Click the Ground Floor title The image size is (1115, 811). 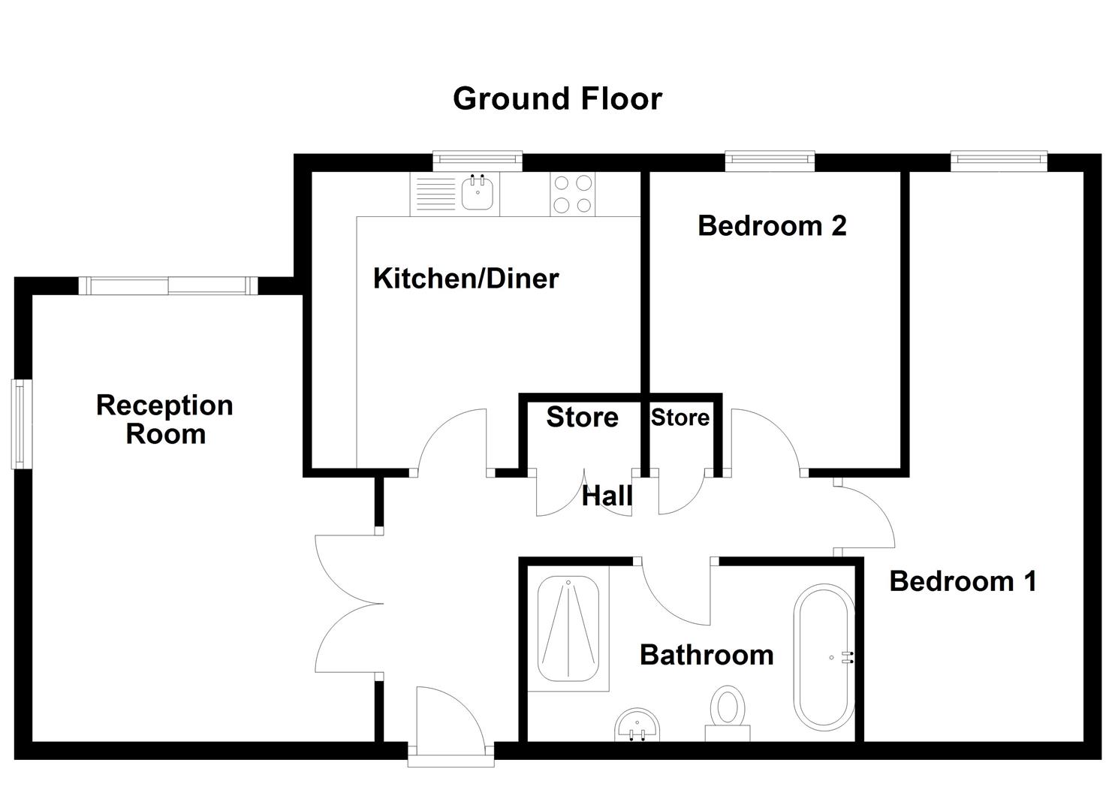(x=557, y=99)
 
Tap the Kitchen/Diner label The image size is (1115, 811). (x=466, y=279)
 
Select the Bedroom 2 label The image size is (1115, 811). (x=772, y=225)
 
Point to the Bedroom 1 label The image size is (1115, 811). (x=963, y=580)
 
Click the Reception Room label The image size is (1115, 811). (x=165, y=420)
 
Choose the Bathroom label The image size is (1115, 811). (x=706, y=655)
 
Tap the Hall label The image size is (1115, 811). (x=607, y=496)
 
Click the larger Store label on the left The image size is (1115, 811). (x=582, y=418)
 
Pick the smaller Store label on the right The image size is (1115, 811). (x=680, y=418)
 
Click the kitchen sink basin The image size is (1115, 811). (x=476, y=194)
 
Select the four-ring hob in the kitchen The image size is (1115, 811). (x=572, y=194)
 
